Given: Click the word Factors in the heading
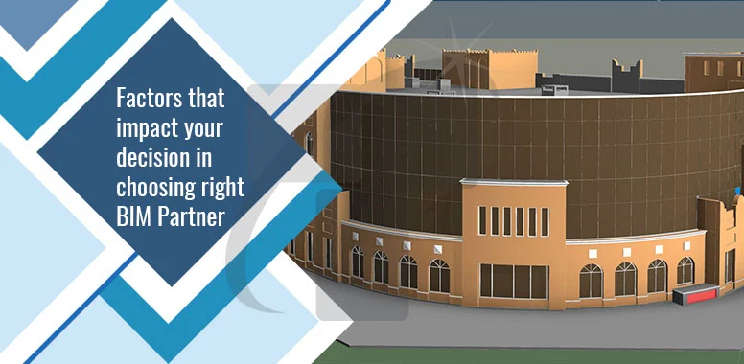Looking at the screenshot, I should [x=147, y=99].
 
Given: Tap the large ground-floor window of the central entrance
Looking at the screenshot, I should [x=514, y=281].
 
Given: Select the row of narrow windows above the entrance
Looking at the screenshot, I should [x=514, y=221].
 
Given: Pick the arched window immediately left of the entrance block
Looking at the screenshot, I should [x=439, y=276].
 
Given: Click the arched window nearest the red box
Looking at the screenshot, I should [x=685, y=271].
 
